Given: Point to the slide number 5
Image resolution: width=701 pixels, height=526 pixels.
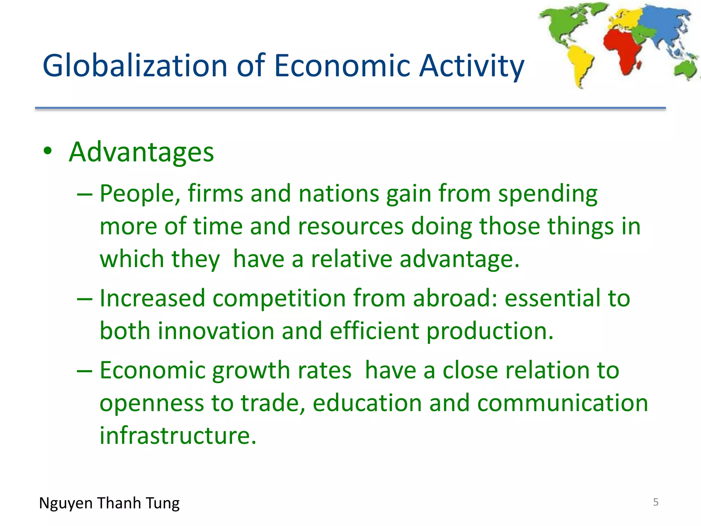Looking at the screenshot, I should (655, 502).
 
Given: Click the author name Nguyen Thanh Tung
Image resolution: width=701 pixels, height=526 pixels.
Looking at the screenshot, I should (109, 503).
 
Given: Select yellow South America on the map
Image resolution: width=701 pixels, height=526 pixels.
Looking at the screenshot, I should (580, 63).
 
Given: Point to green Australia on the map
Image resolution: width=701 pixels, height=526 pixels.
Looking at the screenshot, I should (686, 68).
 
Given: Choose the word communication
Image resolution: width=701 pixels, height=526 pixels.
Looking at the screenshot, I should (562, 403).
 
